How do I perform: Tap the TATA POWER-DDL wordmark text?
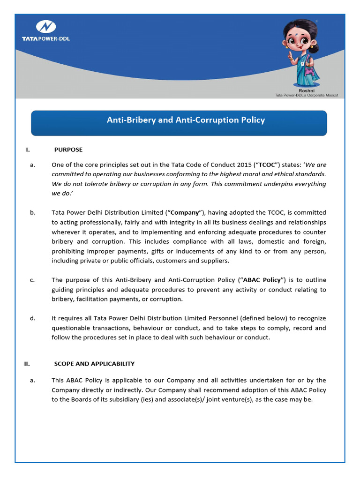point(46,38)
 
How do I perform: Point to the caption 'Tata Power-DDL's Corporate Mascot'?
point(306,95)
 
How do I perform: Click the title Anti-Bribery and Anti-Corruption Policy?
point(186,120)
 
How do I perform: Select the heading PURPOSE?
point(68,150)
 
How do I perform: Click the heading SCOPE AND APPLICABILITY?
point(94,363)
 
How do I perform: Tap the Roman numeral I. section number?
point(28,150)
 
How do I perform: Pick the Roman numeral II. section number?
point(28,363)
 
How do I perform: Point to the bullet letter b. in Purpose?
point(32,212)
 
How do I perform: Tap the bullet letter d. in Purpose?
point(32,318)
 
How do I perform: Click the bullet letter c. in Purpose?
point(32,280)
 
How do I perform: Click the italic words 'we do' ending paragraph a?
point(60,193)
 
